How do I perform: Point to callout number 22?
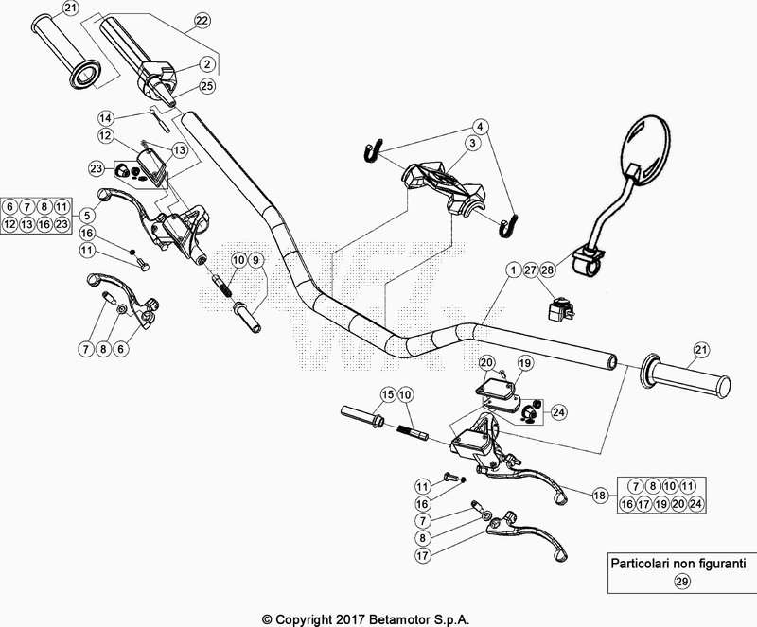[x=202, y=21]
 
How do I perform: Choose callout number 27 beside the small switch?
[x=530, y=270]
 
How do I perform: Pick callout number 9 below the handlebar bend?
[x=257, y=259]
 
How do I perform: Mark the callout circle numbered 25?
[x=207, y=86]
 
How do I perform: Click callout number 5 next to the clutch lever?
[x=86, y=215]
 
